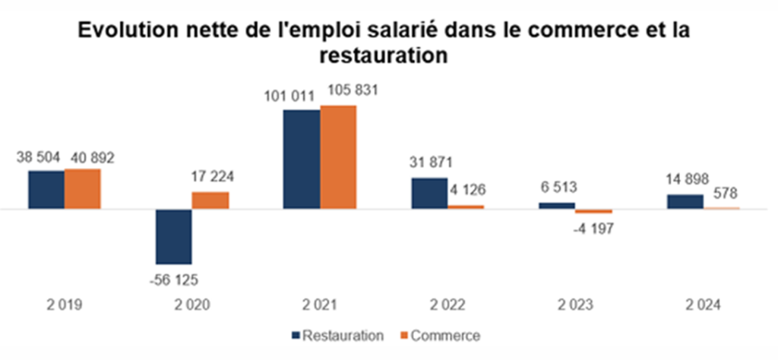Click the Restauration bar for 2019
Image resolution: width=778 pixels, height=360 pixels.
pos(46,189)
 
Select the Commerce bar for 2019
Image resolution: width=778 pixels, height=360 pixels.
pos(82,188)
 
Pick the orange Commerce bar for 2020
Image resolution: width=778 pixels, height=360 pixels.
pos(210,200)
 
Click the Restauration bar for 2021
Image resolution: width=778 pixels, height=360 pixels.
pos(302,159)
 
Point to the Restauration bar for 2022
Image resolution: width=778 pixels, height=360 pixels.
pos(429,193)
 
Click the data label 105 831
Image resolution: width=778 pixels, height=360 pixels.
pos(353,90)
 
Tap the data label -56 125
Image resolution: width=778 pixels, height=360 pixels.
pos(174,278)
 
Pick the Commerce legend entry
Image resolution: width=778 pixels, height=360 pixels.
pos(445,335)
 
